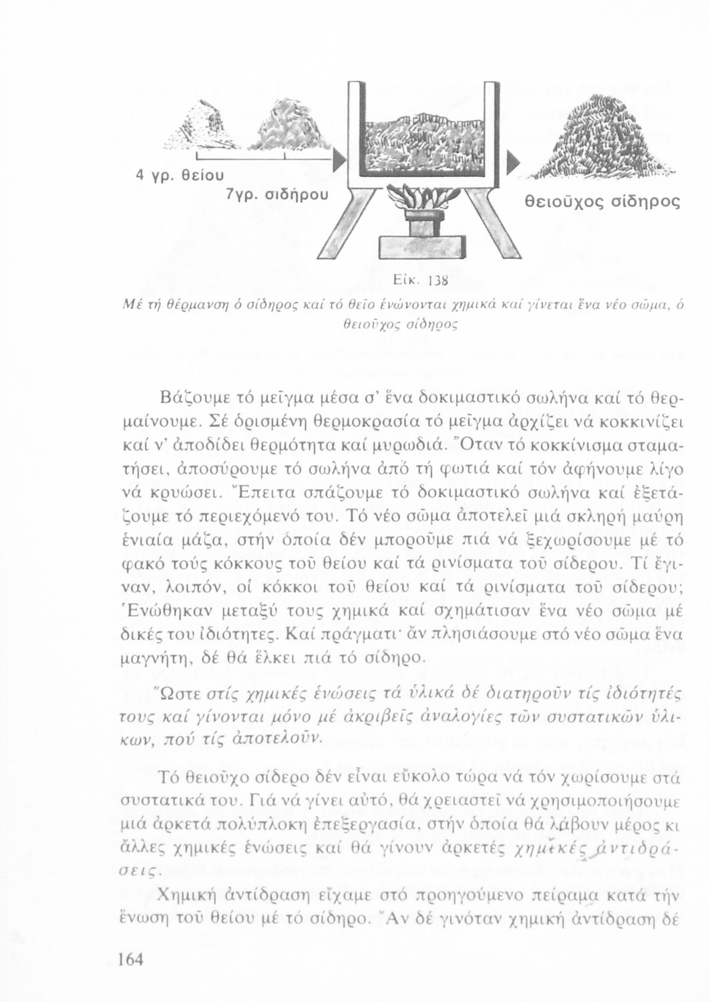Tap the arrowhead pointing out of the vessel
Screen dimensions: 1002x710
click(514, 162)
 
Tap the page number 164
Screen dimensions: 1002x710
click(131, 959)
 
